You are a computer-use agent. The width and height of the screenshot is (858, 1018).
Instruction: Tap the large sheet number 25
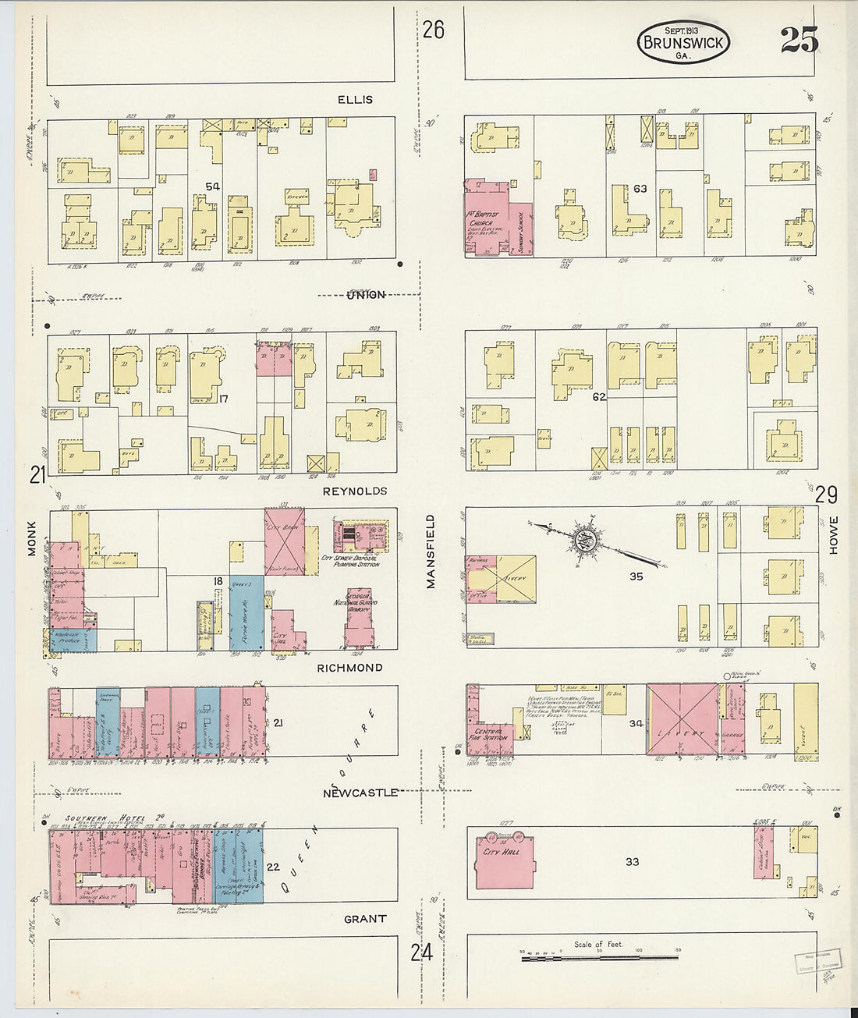click(x=799, y=39)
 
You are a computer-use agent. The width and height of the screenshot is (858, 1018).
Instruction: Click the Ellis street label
click(x=355, y=100)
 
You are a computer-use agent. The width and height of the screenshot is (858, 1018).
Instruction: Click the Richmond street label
click(x=349, y=668)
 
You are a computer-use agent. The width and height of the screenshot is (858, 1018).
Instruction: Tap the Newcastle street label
click(x=361, y=793)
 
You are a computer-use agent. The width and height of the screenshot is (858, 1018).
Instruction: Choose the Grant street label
click(x=364, y=919)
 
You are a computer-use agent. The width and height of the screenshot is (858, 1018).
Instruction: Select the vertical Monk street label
click(x=32, y=538)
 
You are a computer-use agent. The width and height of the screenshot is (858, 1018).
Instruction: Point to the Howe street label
click(x=833, y=535)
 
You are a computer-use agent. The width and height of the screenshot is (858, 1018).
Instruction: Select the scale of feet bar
click(x=599, y=956)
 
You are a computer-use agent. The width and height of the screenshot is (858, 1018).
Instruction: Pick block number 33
click(x=632, y=861)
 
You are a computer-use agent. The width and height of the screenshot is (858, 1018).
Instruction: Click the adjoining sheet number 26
click(x=433, y=30)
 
